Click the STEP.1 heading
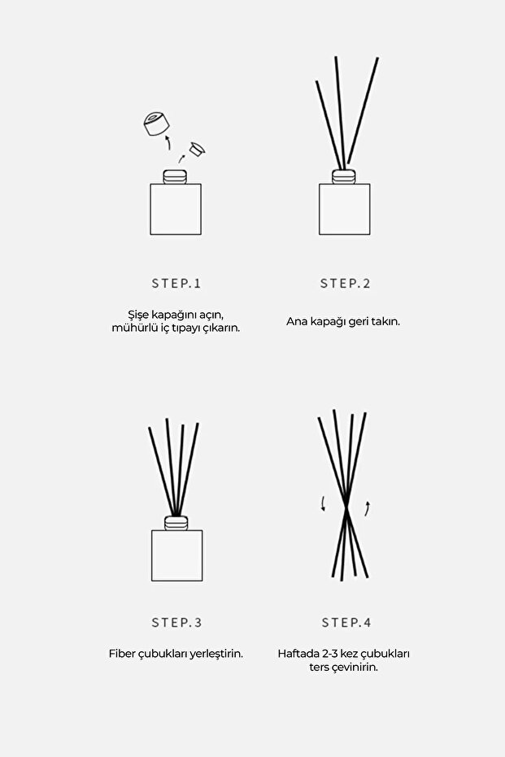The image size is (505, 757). [176, 284]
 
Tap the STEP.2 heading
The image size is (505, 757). [345, 284]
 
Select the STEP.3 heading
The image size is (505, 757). [176, 623]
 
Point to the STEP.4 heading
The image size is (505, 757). [346, 623]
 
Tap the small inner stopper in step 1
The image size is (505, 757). [195, 149]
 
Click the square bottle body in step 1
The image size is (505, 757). [176, 209]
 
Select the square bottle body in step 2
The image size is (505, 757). [344, 209]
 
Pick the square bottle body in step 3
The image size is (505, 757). [176, 555]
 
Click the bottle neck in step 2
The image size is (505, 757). [344, 176]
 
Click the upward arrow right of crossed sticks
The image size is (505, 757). [368, 509]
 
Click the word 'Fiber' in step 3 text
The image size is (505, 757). [123, 654]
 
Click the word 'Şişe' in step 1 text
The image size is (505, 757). [138, 315]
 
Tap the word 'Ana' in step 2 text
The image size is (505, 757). [296, 322]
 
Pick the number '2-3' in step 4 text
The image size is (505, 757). [333, 654]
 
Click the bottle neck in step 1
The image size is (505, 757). [176, 176]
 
